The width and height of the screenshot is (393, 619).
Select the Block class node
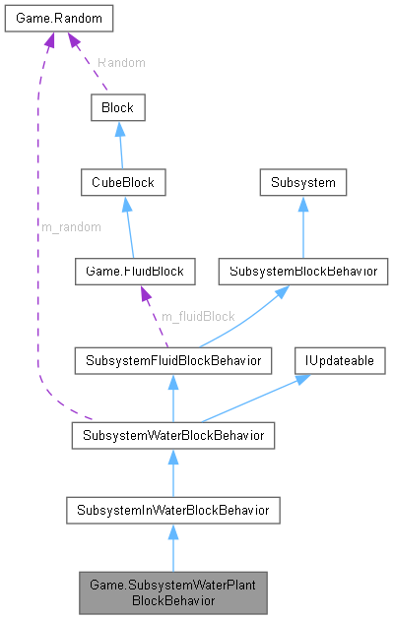(x=117, y=107)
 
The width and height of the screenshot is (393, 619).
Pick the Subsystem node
(x=302, y=183)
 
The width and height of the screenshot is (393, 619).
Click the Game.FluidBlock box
(x=135, y=270)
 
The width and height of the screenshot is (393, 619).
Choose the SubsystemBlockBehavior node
(x=302, y=270)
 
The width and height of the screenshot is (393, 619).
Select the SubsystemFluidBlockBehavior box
(x=172, y=361)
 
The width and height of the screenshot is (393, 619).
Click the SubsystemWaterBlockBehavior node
(x=172, y=434)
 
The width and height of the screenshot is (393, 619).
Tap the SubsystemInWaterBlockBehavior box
(x=172, y=510)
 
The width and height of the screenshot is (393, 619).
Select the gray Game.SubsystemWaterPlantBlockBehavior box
(x=172, y=592)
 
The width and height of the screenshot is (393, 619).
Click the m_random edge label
(x=70, y=226)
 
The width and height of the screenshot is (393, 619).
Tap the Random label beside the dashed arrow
(x=121, y=62)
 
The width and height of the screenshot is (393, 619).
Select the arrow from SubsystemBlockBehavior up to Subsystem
(x=302, y=226)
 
